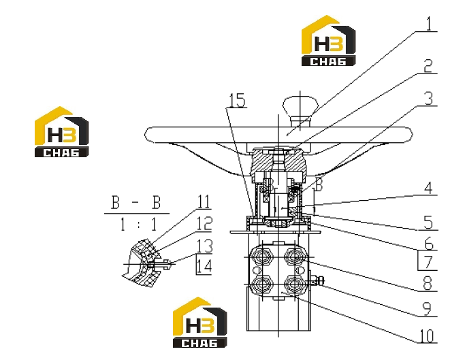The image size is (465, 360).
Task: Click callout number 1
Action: [x=429, y=23]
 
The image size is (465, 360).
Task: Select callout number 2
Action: [x=428, y=66]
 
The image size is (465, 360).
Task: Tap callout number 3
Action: [x=429, y=99]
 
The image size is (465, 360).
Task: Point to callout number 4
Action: [x=428, y=188]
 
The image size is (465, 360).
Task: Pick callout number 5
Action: [x=428, y=223]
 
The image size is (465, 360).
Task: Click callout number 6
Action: [x=429, y=244]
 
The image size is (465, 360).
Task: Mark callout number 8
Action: [x=428, y=283]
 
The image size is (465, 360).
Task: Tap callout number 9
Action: [x=426, y=309]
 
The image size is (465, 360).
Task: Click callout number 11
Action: [x=204, y=201]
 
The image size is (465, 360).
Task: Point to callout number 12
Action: [x=205, y=223]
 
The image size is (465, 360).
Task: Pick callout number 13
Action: [x=205, y=246]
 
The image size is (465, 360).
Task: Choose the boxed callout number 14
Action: [x=204, y=265]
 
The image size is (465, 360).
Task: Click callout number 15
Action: [x=237, y=100]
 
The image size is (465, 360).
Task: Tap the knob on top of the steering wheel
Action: [x=300, y=110]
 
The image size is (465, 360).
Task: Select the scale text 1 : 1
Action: [x=138, y=224]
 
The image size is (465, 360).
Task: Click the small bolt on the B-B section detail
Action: [x=161, y=264]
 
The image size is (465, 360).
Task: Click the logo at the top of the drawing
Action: [x=328, y=41]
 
